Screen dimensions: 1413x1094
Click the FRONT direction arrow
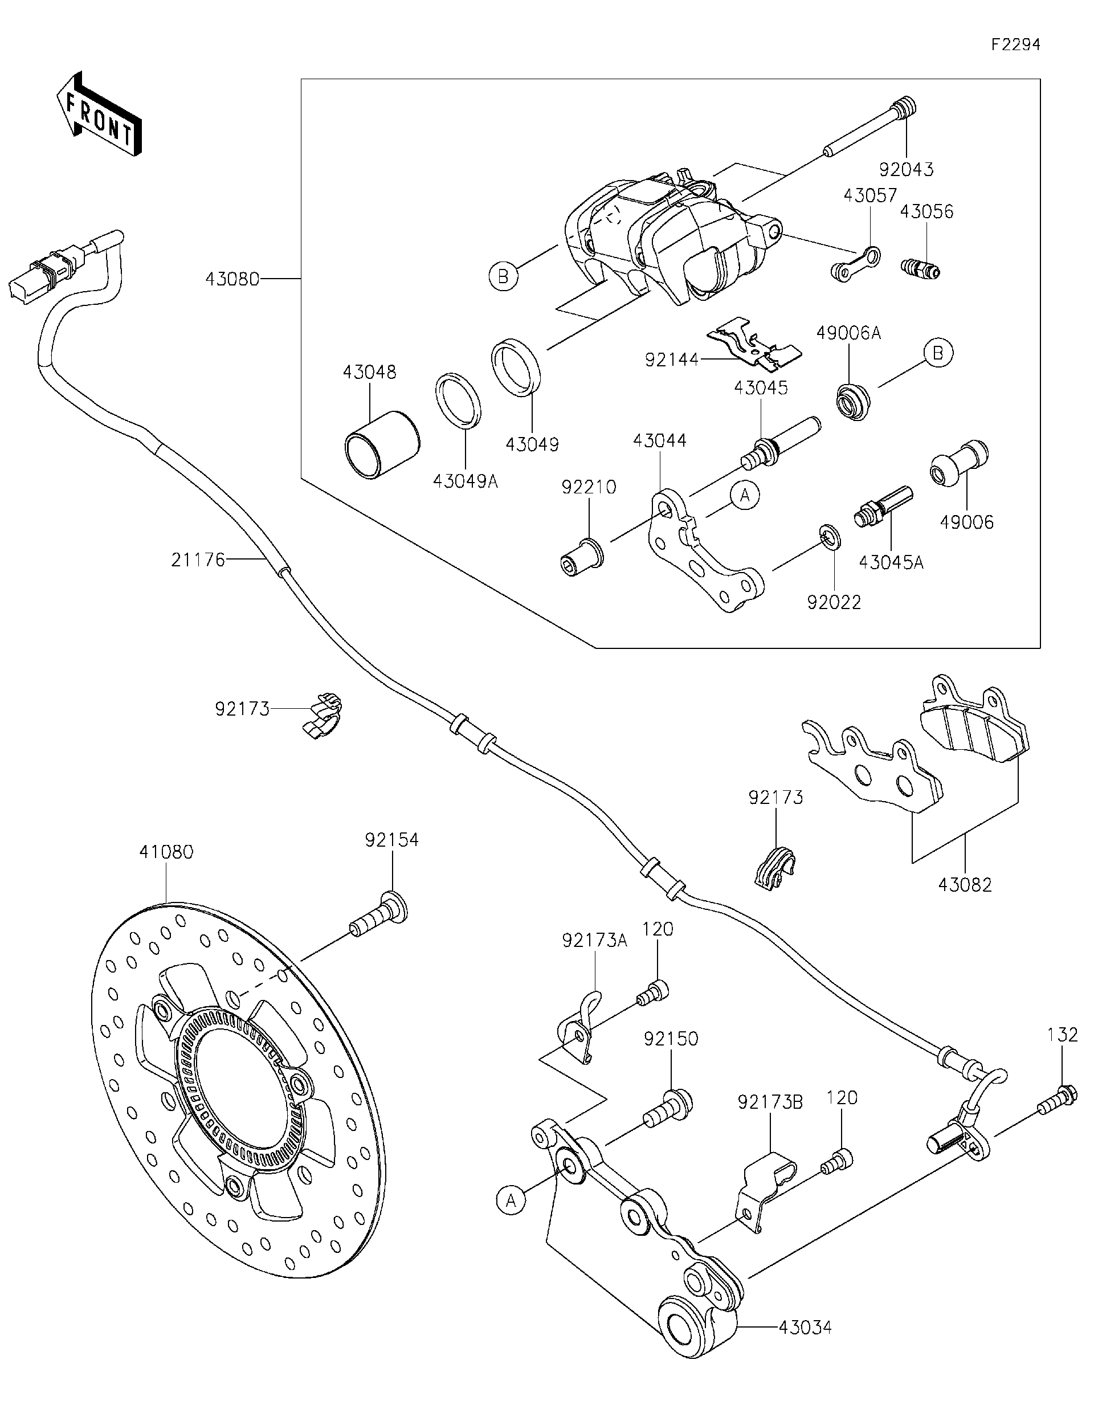[99, 113]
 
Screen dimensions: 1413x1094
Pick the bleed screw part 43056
[921, 267]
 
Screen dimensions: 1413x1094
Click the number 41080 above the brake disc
[166, 852]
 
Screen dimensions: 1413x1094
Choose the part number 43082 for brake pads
[965, 885]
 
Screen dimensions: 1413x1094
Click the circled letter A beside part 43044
[745, 496]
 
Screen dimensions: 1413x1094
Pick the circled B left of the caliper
[503, 277]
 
